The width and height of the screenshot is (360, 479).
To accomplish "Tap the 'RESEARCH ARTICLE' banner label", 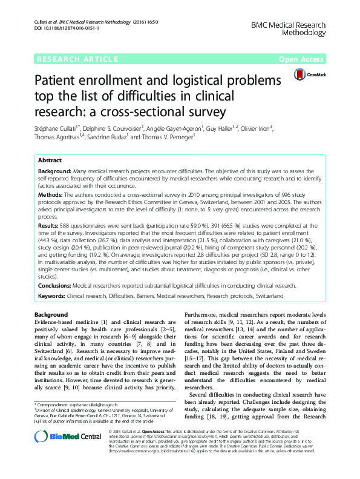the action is [77, 59].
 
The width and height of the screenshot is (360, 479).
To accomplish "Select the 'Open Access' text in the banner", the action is [302, 59].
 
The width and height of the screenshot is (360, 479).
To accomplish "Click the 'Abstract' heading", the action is [50, 160].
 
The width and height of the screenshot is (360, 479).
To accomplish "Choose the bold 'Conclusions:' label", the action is [54, 285].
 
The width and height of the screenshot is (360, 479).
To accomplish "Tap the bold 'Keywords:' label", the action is [52, 296].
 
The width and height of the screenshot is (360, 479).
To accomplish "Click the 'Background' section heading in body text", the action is [51, 315].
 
